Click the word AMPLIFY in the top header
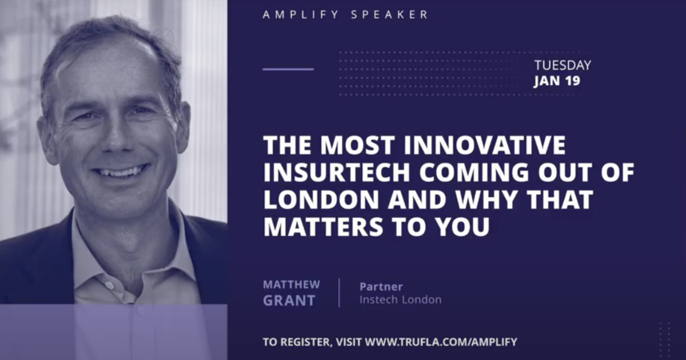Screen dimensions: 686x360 tap(301, 15)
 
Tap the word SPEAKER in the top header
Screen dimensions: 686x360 tap(389, 15)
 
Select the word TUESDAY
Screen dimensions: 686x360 tap(563, 65)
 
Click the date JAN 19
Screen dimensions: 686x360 tap(557, 81)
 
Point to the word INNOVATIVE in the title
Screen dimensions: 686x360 tap(485, 145)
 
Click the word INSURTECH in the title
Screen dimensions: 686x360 tap(337, 172)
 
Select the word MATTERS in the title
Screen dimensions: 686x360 tap(323, 226)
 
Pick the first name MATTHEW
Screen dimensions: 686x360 tap(291, 285)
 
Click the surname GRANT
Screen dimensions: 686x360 tap(289, 301)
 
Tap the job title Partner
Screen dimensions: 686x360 tap(381, 287)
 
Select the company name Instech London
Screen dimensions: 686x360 tap(401, 299)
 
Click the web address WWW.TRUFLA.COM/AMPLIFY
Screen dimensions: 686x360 tap(441, 342)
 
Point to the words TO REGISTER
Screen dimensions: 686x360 tap(297, 342)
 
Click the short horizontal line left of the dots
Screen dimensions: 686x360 tap(288, 69)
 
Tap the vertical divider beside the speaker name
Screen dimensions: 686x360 tap(340, 293)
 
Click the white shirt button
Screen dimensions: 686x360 tap(109, 286)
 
